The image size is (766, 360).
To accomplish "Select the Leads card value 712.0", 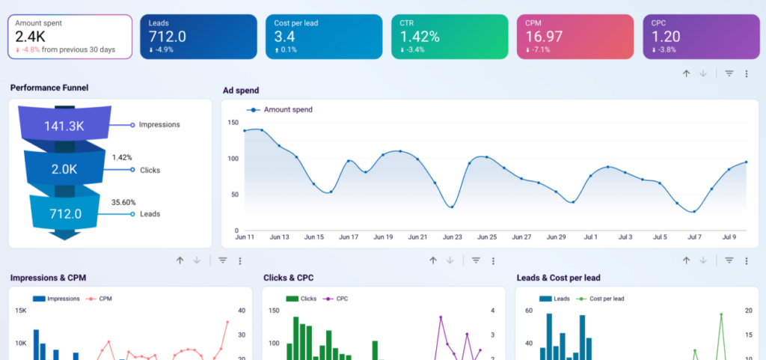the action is [168, 37].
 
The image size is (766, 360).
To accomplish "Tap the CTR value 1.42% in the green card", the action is [420, 37].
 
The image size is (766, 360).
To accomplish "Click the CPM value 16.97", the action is [545, 37].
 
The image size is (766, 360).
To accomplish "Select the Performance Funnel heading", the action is [49, 88].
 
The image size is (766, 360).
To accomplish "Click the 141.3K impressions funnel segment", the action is [64, 126].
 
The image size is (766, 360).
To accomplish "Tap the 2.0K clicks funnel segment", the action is [64, 169].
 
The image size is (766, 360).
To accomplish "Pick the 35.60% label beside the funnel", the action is [123, 202].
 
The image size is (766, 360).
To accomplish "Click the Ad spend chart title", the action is [241, 91].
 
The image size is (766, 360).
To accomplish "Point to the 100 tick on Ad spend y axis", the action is [233, 159].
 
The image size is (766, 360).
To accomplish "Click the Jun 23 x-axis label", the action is [452, 237].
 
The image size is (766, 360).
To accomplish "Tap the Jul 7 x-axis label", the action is [694, 237].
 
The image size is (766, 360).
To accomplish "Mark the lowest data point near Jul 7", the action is [693, 212].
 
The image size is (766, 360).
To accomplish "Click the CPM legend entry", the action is [99, 299].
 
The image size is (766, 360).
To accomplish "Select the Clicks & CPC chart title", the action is [288, 278].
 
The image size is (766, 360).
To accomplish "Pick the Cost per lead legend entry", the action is [601, 299].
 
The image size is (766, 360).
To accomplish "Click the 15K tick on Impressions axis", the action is [20, 311].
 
